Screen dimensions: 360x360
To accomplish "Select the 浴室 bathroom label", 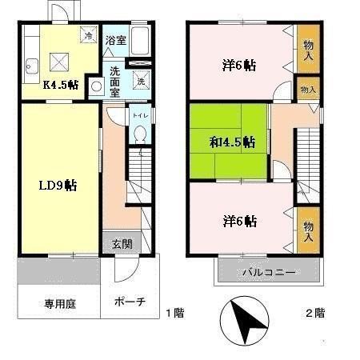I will [x=116, y=40].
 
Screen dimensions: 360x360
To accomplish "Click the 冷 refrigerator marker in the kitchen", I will [x=89, y=36].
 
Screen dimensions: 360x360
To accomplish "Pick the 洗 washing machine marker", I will [x=141, y=81].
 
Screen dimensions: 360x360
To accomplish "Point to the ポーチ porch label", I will [x=130, y=302].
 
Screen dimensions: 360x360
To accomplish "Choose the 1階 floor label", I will [x=174, y=312].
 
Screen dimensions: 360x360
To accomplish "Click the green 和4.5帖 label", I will [x=232, y=142].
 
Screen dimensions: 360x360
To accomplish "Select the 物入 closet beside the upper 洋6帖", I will [x=308, y=50].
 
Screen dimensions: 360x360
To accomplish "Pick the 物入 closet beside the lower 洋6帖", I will [x=308, y=232].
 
